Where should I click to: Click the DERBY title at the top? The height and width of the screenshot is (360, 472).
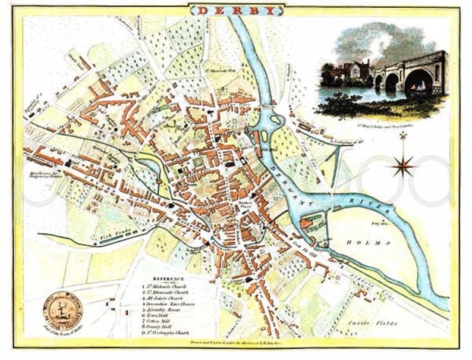pos(236,10)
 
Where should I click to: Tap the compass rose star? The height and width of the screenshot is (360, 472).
pos(402,165)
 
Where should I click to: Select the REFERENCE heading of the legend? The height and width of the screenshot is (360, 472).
pos(168,278)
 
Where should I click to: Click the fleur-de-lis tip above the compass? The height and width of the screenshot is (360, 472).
pos(402,137)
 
